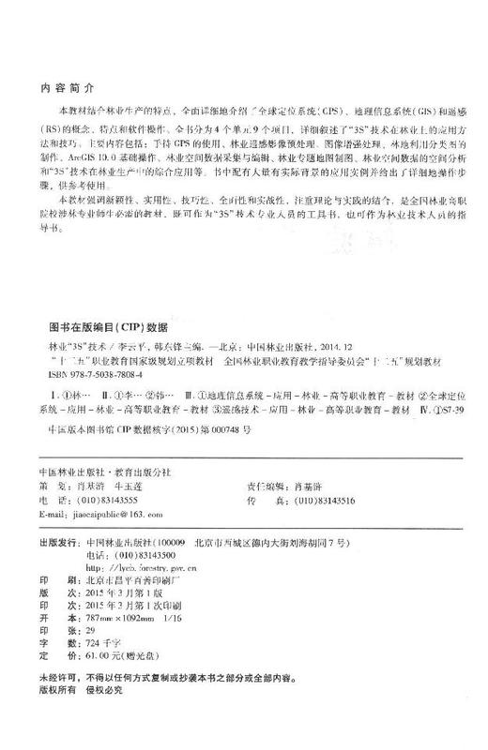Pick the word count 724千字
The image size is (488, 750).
pyautogui.click(x=100, y=630)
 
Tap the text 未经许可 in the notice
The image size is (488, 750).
pyautogui.click(x=51, y=674)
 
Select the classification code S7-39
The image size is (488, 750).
pyautogui.click(x=440, y=410)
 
